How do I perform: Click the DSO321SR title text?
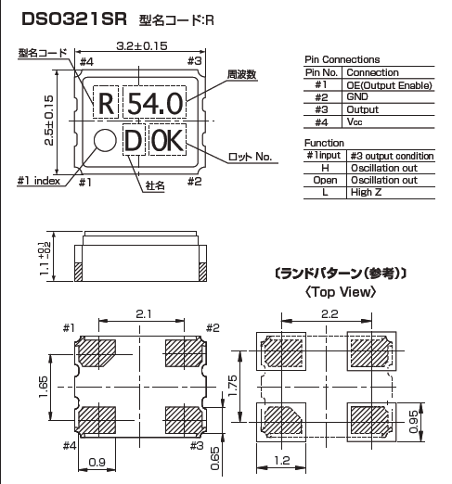68,18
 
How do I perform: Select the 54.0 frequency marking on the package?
155,103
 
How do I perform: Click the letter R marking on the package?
106,103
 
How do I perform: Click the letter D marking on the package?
133,141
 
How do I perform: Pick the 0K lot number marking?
168,141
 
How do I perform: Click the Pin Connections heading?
342,59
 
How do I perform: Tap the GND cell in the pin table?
358,96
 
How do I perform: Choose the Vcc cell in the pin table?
356,121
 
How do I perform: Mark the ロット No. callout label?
250,157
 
